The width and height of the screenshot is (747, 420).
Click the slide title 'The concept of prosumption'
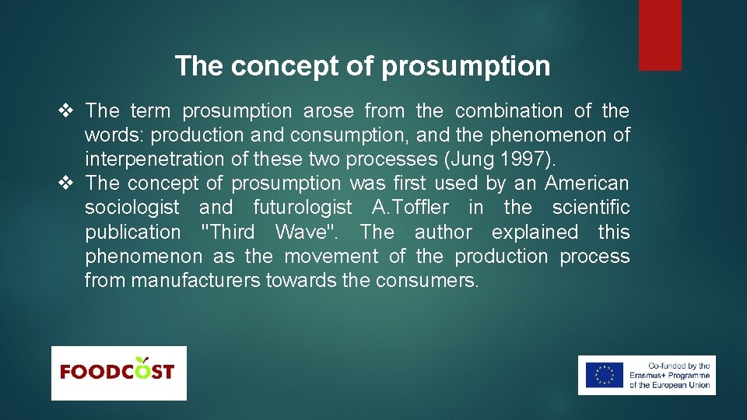tap(363, 66)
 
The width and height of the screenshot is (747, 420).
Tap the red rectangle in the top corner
tap(660, 35)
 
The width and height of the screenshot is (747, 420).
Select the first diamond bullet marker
tap(65, 111)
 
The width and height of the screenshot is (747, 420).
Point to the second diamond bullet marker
tap(65, 184)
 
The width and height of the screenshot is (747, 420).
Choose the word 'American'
tap(587, 184)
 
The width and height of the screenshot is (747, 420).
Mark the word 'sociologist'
tap(132, 208)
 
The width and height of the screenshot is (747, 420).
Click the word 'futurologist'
tap(303, 208)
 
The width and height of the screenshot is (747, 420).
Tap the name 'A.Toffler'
tap(411, 208)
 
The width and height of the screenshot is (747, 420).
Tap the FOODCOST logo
tap(118, 373)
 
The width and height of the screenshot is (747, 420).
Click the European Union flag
tap(605, 375)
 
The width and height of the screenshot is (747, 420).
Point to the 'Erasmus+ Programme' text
tap(669, 376)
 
